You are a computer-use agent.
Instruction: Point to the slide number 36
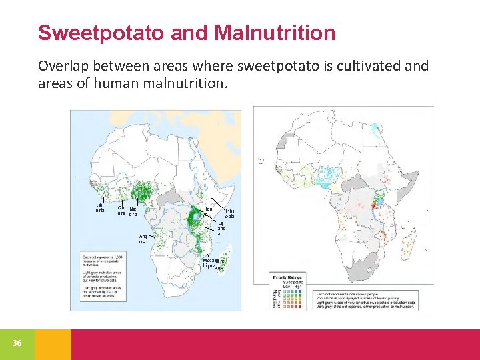point(17,343)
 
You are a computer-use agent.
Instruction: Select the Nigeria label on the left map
point(133,211)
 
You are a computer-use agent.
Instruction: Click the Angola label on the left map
point(143,239)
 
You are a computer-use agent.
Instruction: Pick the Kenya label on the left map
point(207,212)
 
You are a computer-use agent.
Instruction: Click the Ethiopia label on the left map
point(229,214)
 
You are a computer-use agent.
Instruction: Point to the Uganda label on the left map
point(221,228)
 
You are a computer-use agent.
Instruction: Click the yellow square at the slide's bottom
point(53,344)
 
